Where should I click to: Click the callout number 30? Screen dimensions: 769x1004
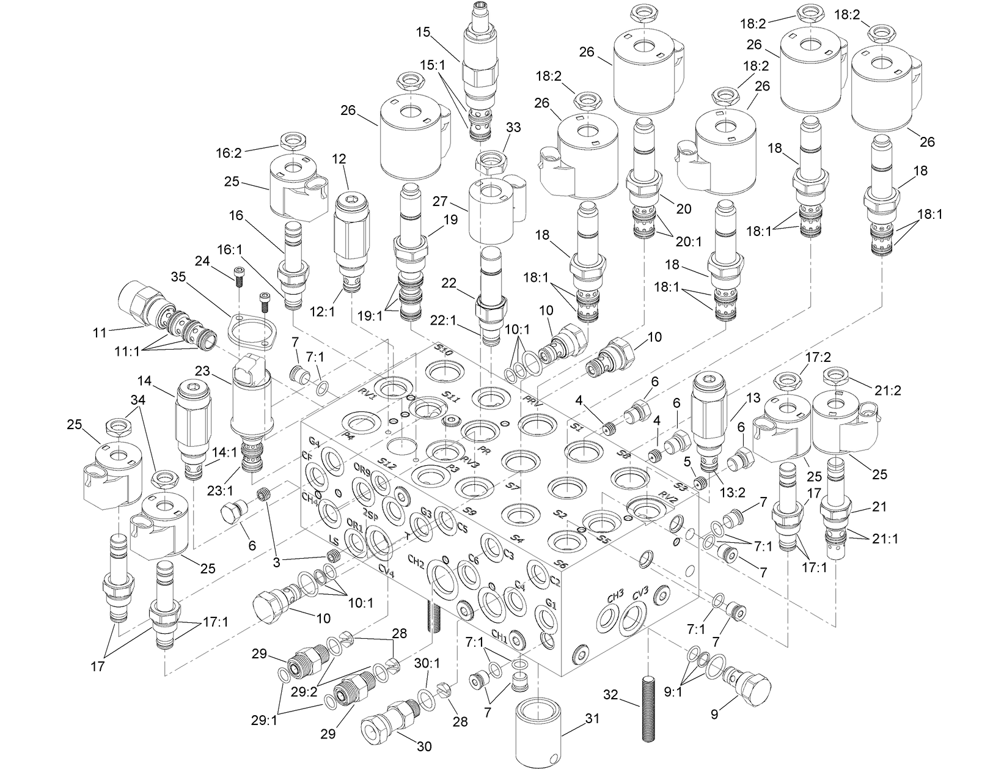point(423,746)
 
